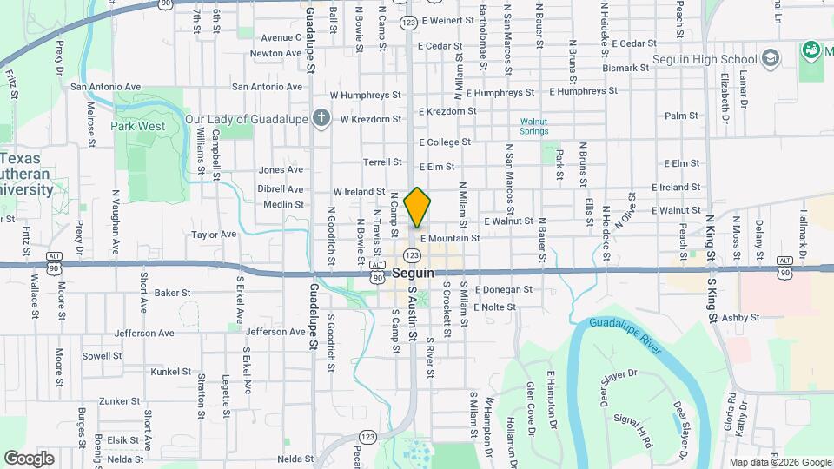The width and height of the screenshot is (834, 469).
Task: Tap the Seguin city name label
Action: [413, 272]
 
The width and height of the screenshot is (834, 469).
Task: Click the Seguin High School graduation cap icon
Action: [770, 59]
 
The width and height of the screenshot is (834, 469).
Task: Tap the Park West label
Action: [137, 126]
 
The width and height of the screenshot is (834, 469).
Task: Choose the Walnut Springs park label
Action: [533, 126]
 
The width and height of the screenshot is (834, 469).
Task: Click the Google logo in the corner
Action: [29, 458]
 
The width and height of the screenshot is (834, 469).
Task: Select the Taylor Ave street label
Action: [214, 234]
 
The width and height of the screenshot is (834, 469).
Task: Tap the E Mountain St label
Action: [450, 238]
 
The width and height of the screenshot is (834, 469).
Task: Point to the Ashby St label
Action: [740, 318]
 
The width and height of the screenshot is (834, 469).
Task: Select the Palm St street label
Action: [681, 116]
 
